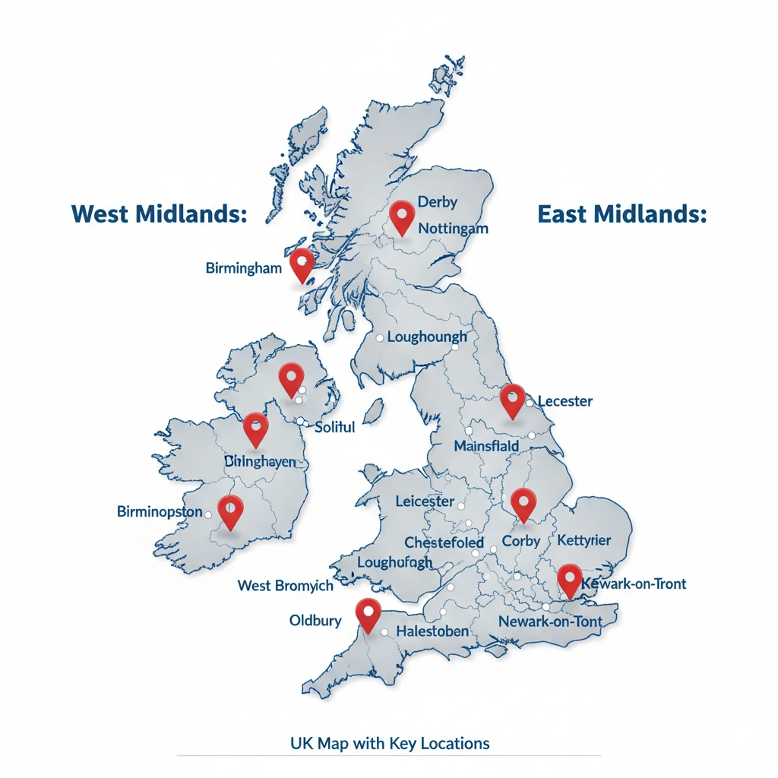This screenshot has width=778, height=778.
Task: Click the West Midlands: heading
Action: point(159,214)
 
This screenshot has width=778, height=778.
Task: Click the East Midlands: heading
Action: point(621,214)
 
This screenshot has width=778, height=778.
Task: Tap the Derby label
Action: point(439,203)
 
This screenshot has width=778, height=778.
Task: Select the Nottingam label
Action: point(453,227)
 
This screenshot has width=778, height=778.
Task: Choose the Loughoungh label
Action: point(427,337)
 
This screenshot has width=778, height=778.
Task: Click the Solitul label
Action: point(334,427)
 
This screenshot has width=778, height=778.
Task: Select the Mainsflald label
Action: point(486,446)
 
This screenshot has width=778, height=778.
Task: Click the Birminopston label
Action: point(160,511)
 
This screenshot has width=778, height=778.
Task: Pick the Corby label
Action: point(521,542)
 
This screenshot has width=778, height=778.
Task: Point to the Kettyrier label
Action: point(583,540)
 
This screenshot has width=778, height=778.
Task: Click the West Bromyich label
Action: point(285,586)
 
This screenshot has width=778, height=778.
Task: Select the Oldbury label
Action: point(315,621)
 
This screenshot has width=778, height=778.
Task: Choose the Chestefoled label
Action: point(444,542)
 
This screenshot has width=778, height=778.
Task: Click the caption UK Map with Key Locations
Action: point(390,742)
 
